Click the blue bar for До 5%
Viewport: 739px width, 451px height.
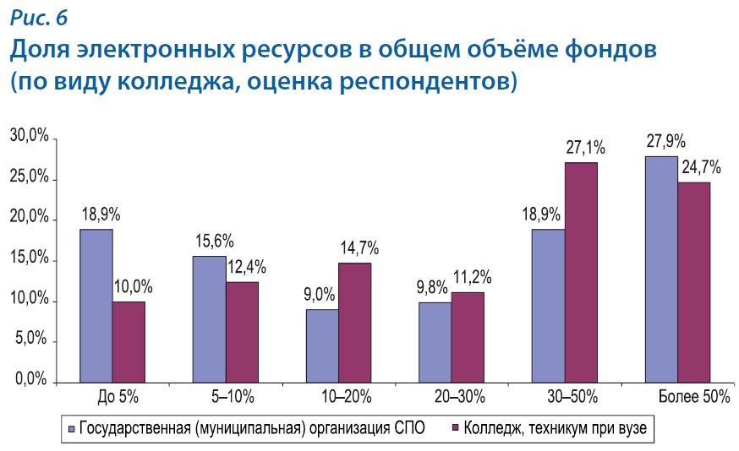(97, 306)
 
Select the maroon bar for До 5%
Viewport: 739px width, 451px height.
(129, 342)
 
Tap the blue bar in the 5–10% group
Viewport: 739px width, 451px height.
(210, 319)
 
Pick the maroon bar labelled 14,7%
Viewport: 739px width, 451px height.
(355, 323)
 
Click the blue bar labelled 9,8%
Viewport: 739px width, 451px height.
(435, 342)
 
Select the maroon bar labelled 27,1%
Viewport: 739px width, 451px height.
(581, 272)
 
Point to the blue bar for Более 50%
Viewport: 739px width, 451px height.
(661, 269)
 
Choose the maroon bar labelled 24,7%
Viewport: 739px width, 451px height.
(693, 282)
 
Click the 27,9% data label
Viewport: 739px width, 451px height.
(665, 142)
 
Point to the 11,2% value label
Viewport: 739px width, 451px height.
(473, 277)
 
